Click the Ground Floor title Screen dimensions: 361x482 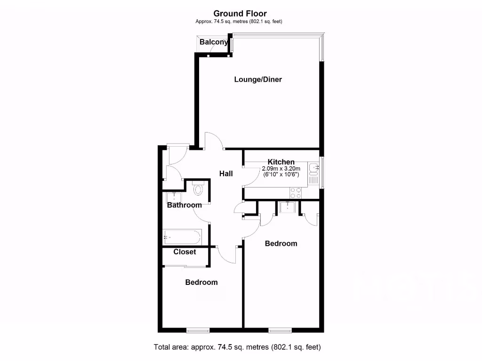[x=240, y=14]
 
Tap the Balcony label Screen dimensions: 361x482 [x=214, y=42]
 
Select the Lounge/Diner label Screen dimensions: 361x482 [x=258, y=79]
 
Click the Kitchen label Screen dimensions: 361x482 [x=281, y=162]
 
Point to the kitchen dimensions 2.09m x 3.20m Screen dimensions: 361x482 [x=281, y=169]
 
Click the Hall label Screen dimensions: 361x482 [x=226, y=173]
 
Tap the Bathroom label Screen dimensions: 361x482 [x=185, y=205]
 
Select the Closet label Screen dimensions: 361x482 [x=185, y=252]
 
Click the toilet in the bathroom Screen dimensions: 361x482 [x=198, y=189]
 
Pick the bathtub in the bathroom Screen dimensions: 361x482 [x=182, y=236]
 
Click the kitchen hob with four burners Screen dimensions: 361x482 [x=296, y=193]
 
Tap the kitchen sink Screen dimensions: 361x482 [x=314, y=167]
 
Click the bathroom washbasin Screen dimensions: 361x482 [x=175, y=196]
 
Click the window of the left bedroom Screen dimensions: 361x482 [x=198, y=330]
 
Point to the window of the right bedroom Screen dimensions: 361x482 [x=280, y=330]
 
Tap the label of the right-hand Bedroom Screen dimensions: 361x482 [x=281, y=243]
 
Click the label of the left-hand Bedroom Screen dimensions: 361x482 [x=201, y=283]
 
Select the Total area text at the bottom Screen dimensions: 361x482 [x=237, y=347]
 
